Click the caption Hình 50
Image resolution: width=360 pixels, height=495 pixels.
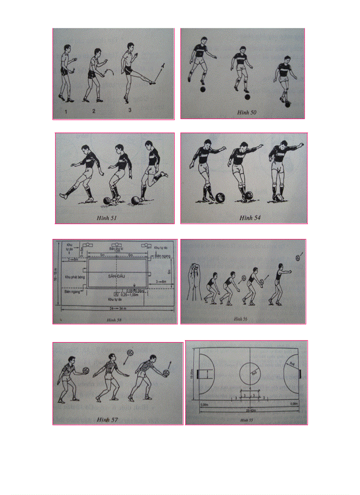[247, 112]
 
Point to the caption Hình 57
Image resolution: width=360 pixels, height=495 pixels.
[107, 419]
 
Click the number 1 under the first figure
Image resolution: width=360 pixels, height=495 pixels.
[66, 112]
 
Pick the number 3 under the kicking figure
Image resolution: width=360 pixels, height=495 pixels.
[130, 110]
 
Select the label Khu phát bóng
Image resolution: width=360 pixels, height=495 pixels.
[73, 277]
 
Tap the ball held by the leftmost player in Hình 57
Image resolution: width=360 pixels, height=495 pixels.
[87, 370]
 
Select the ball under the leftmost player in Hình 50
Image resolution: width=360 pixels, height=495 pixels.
[202, 89]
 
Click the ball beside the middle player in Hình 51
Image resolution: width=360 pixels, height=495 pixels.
[107, 201]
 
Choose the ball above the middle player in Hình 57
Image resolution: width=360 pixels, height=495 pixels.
[130, 353]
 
